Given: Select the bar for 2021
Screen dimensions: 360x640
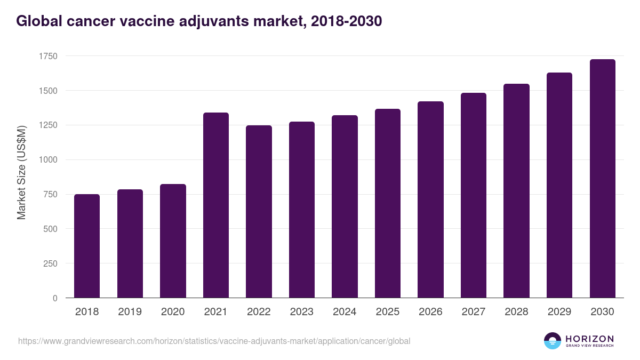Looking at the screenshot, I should click(x=216, y=205).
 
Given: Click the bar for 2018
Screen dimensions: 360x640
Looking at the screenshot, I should click(x=87, y=246).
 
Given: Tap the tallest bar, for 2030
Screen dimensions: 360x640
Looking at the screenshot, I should click(x=603, y=179).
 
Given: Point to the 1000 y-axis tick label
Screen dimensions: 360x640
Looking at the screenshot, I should click(x=48, y=160).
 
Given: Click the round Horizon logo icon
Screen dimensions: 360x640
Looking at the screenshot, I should click(x=553, y=341).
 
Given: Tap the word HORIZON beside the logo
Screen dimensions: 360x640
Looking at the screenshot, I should click(x=589, y=339).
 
